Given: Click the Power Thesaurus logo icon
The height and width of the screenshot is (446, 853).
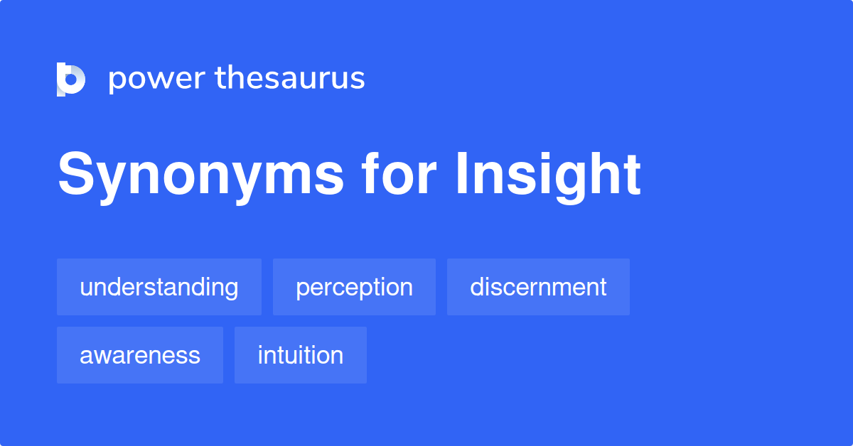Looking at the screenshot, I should click(x=71, y=79).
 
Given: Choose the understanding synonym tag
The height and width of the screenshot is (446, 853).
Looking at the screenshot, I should click(x=159, y=287).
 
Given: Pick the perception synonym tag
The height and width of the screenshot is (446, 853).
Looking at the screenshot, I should click(x=354, y=287).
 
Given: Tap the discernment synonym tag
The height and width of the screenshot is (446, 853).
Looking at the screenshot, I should click(x=538, y=287).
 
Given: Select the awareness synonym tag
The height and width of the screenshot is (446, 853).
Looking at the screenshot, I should click(x=140, y=355).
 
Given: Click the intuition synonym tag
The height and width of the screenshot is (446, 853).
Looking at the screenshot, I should click(x=301, y=355).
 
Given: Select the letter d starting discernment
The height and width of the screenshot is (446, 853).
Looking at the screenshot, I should click(x=477, y=287).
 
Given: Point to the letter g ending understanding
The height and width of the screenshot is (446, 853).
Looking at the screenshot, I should click(x=231, y=290).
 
